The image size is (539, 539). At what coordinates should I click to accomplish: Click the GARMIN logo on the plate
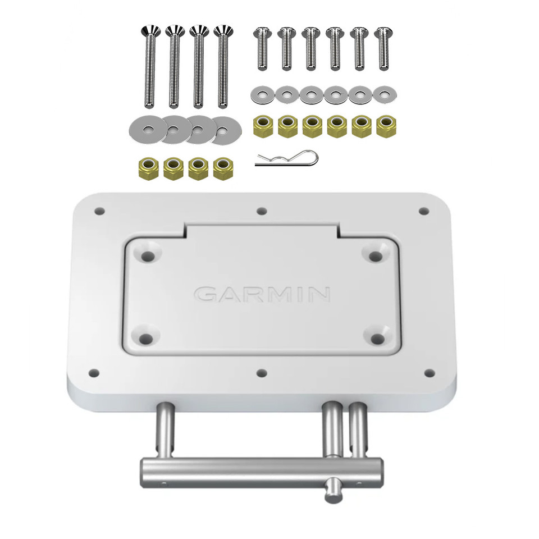click(x=262, y=294)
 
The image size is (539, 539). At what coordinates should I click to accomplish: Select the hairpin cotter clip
click(x=286, y=158)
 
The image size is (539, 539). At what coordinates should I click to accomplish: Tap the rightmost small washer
click(x=384, y=94)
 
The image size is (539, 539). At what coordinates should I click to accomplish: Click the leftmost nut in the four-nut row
click(x=148, y=167)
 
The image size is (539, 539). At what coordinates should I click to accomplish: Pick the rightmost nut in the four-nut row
click(x=224, y=167)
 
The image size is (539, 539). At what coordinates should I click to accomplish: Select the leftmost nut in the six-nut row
click(x=262, y=126)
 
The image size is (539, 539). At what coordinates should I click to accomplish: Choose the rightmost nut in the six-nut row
click(x=385, y=126)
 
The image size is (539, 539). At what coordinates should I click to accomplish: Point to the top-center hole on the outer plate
click(x=261, y=212)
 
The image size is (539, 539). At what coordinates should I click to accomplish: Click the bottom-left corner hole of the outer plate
click(x=94, y=372)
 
